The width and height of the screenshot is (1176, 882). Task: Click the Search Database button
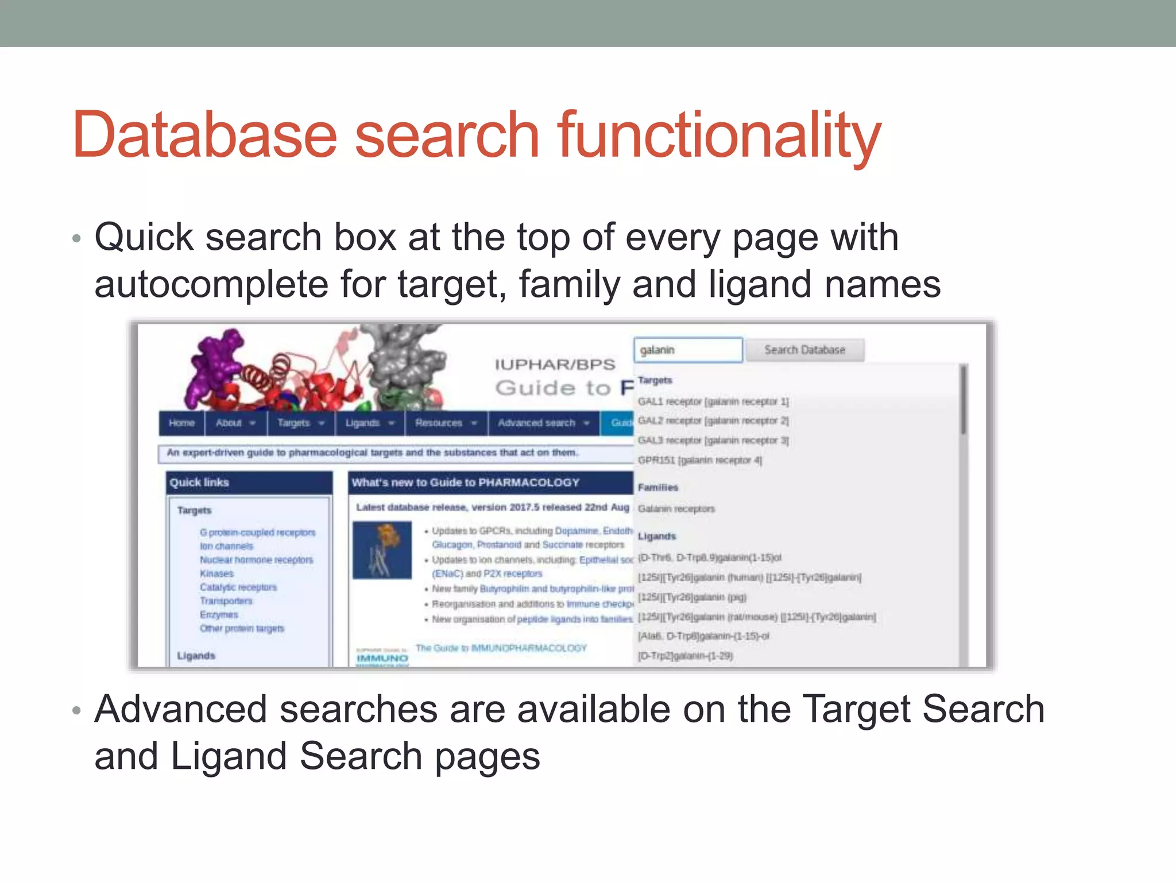[804, 350]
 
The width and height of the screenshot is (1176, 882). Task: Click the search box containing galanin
[687, 350]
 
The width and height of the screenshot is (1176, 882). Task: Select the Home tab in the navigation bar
[181, 423]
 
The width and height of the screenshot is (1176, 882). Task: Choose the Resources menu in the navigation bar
[446, 423]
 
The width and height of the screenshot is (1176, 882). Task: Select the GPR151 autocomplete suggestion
[699, 460]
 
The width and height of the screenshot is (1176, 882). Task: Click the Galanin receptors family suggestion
[676, 509]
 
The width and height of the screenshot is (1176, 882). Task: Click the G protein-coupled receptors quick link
[257, 532]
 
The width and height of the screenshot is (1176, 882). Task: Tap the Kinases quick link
[216, 574]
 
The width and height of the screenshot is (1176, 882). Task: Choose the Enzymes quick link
[218, 614]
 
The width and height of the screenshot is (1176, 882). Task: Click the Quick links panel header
[249, 482]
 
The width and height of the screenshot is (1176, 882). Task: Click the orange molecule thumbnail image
[382, 550]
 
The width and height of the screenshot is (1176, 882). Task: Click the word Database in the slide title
[204, 136]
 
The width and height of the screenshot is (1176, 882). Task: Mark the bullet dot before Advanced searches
[76, 711]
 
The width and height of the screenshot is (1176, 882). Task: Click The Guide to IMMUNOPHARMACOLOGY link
[501, 648]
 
